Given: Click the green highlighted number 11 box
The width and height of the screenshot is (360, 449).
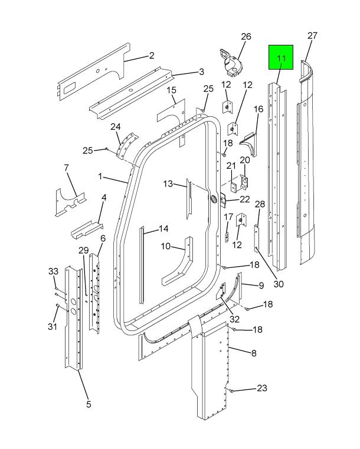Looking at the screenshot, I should pyautogui.click(x=281, y=58).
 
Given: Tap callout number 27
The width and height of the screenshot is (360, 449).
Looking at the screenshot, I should pyautogui.click(x=313, y=36).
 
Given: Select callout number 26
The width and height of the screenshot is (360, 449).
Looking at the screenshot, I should pyautogui.click(x=246, y=37).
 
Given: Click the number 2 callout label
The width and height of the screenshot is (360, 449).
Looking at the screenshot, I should pyautogui.click(x=152, y=56).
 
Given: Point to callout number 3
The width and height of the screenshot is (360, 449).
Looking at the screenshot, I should pyautogui.click(x=201, y=72).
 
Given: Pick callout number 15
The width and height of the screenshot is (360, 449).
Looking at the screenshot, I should pyautogui.click(x=172, y=90).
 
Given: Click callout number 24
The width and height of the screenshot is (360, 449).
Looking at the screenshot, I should pyautogui.click(x=116, y=127).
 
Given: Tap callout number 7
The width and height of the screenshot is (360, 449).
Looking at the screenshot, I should pyautogui.click(x=67, y=168).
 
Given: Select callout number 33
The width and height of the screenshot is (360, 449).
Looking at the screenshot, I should pyautogui.click(x=53, y=271).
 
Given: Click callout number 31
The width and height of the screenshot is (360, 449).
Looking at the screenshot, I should pyautogui.click(x=53, y=327).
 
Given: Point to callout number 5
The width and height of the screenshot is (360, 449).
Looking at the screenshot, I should pyautogui.click(x=89, y=404).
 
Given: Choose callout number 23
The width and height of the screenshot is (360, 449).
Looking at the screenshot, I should pyautogui.click(x=261, y=388).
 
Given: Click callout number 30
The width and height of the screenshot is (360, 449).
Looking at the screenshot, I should pyautogui.click(x=278, y=284).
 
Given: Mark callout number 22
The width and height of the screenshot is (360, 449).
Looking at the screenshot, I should pyautogui.click(x=244, y=199).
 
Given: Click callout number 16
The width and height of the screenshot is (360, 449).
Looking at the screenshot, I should pyautogui.click(x=258, y=109).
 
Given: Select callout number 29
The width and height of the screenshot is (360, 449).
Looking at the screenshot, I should pyautogui.click(x=83, y=251).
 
